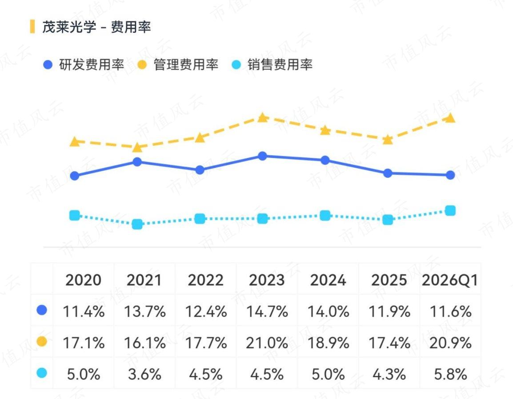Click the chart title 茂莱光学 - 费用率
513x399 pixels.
pos(96,27)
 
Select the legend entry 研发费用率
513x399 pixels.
pos(84,64)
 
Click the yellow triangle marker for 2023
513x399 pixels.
pos(262,117)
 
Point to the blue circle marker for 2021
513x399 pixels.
pos(137,162)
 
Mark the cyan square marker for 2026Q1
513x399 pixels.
pos(450,211)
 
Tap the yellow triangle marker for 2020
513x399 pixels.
pos(75,141)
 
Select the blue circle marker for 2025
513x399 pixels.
pos(388,173)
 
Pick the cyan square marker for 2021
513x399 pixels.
pos(137,224)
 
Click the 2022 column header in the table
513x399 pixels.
pos(205,280)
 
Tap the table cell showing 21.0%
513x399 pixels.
pos(267,343)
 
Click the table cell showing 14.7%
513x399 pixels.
pos(267,311)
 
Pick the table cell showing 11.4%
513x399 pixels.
pos(84,311)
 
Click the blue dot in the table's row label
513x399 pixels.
pos(42,310)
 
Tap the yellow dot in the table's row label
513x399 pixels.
pos(42,341)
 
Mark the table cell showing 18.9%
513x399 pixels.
pos(328,343)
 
